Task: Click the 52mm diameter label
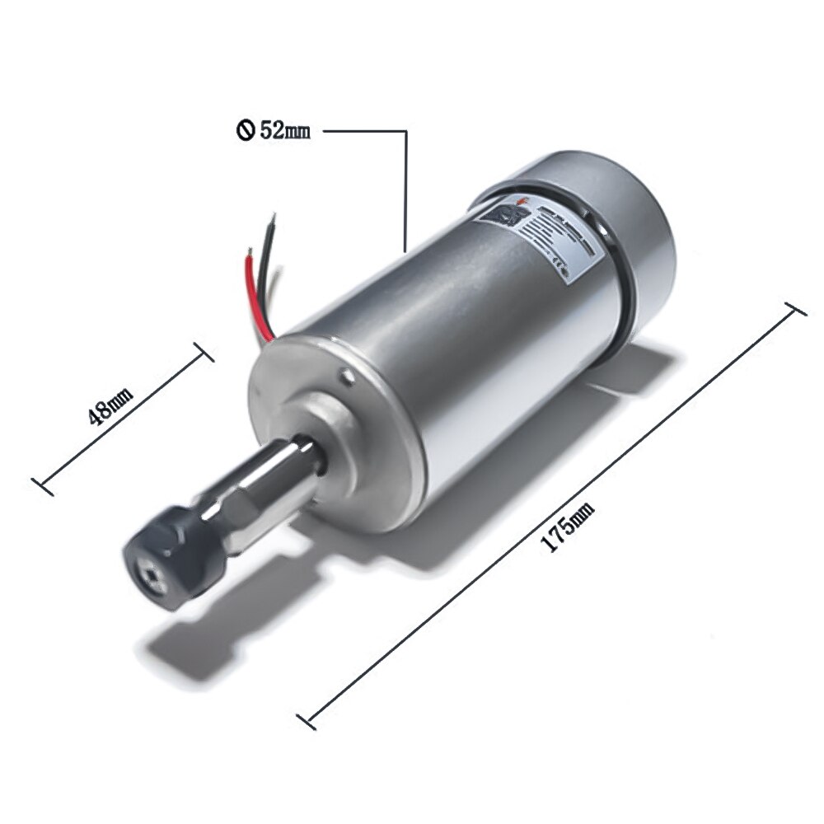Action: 283,130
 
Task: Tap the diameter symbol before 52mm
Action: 245,130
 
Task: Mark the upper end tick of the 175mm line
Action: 794,310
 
